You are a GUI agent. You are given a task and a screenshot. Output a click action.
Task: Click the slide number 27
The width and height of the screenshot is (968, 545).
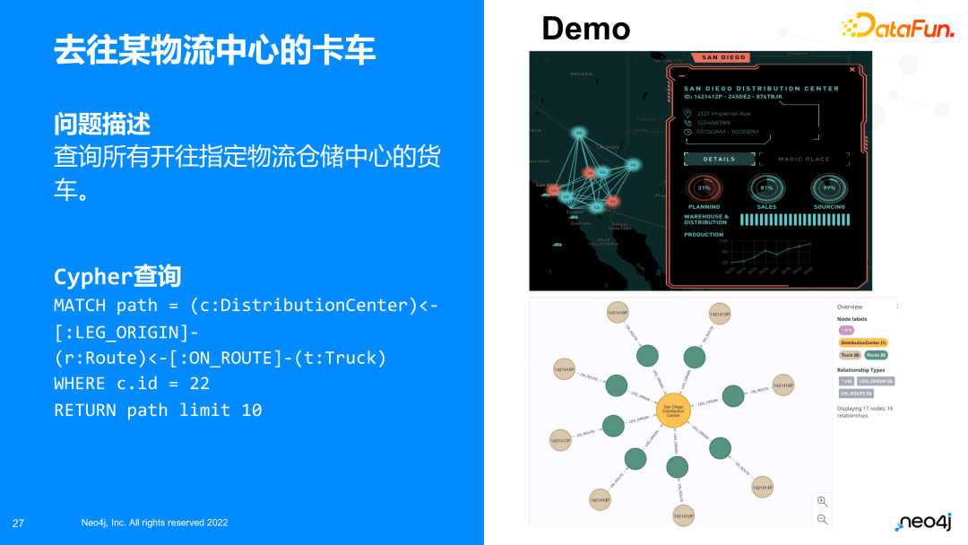coord(18,523)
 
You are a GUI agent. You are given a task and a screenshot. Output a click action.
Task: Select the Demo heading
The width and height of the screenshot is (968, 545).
coord(585,28)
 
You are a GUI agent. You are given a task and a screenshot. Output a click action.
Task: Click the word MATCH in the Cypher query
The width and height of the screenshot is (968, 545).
coord(80,306)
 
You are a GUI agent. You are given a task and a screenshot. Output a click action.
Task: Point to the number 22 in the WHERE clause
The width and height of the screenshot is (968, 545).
coord(199,384)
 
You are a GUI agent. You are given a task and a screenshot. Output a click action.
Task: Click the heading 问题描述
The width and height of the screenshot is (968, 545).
coord(102,124)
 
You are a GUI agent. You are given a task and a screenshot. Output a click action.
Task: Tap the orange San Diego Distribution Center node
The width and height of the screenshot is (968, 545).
coord(673,411)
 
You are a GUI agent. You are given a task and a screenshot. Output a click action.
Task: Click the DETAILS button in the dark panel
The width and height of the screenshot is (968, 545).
coord(718,160)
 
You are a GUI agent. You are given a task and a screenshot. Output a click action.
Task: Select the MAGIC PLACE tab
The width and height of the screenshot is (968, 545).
coord(803,160)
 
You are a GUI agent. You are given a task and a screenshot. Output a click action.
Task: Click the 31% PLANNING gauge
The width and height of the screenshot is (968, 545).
coord(704,188)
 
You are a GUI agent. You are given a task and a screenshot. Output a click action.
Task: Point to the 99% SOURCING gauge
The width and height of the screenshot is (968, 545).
coord(829,188)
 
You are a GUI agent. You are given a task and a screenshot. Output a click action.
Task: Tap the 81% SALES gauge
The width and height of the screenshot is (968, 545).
coord(766,188)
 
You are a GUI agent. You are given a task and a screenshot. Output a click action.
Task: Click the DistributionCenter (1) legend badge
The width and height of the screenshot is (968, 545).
coord(863,342)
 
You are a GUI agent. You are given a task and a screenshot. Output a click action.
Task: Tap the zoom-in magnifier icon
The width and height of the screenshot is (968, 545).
coord(822,502)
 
